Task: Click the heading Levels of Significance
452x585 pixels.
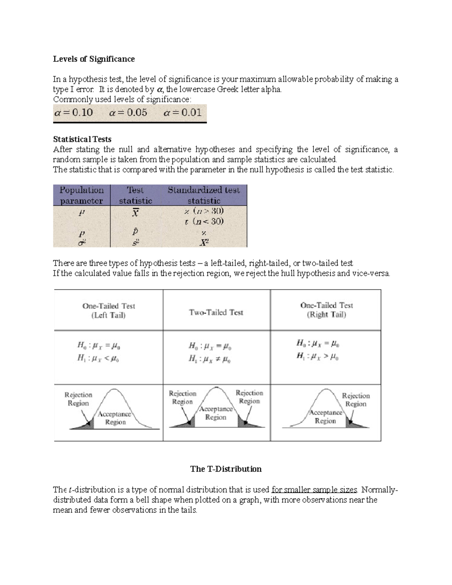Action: [x=94, y=59]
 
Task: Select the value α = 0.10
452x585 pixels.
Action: [x=74, y=113]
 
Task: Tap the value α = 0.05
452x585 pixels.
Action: [x=128, y=113]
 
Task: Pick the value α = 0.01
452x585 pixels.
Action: [x=183, y=113]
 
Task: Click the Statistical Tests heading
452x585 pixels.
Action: [x=82, y=139]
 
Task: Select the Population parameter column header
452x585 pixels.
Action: [x=81, y=195]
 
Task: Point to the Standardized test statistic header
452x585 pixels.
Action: [x=203, y=195]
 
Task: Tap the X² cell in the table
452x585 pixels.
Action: [x=204, y=243]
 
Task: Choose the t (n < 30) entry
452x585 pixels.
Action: [x=204, y=221]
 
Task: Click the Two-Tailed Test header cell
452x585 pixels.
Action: [x=216, y=312]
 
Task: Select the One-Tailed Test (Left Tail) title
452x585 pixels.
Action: [x=108, y=311]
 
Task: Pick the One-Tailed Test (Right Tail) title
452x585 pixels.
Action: [x=326, y=310]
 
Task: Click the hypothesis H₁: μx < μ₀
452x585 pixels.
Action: [x=99, y=358]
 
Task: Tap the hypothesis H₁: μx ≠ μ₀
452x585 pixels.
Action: [x=209, y=359]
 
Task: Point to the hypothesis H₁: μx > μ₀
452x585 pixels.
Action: [x=317, y=356]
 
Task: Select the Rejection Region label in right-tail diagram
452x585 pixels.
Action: [x=356, y=400]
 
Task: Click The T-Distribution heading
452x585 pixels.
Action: [x=226, y=469]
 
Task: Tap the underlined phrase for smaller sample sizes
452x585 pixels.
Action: [x=314, y=490]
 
